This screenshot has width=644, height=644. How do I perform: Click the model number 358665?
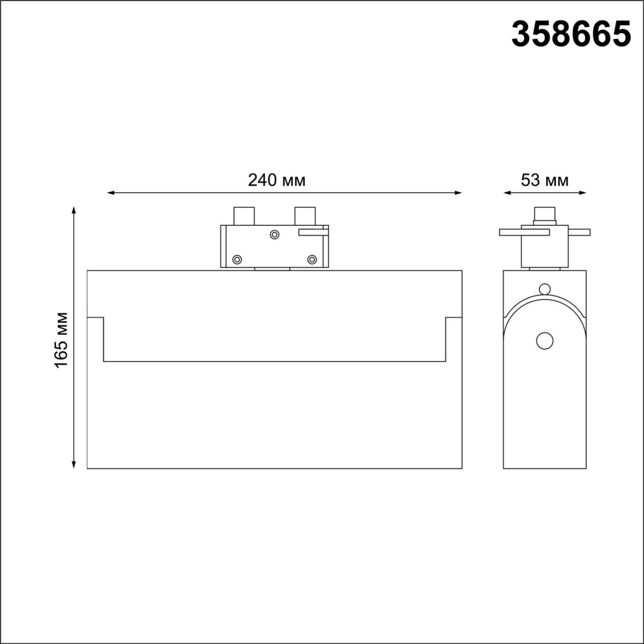[x=571, y=34]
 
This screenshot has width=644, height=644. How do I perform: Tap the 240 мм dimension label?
[x=276, y=180]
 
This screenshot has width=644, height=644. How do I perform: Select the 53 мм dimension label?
[x=544, y=180]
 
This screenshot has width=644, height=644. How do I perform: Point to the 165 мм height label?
[x=61, y=340]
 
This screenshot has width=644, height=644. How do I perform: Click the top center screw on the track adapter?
[x=275, y=234]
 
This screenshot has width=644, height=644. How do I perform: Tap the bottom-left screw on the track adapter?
[x=237, y=260]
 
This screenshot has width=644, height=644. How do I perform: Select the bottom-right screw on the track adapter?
[x=312, y=260]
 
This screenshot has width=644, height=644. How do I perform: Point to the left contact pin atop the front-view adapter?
[x=244, y=216]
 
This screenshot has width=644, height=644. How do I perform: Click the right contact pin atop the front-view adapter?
[x=305, y=216]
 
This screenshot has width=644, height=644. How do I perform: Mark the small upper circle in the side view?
[x=544, y=289]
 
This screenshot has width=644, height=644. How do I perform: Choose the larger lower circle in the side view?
[x=544, y=341]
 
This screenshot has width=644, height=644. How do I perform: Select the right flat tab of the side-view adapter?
[x=579, y=232]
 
